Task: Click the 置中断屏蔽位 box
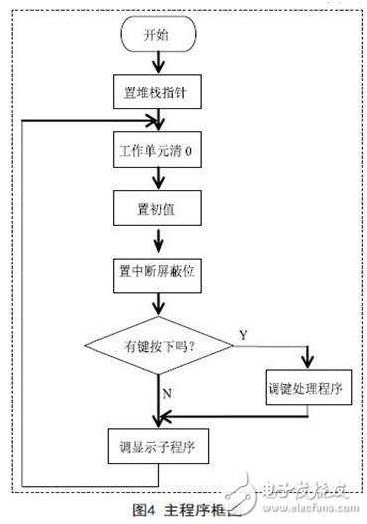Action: (158, 271)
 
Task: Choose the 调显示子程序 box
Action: (158, 447)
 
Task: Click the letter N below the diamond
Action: (166, 394)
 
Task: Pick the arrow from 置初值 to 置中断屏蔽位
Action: (158, 243)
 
